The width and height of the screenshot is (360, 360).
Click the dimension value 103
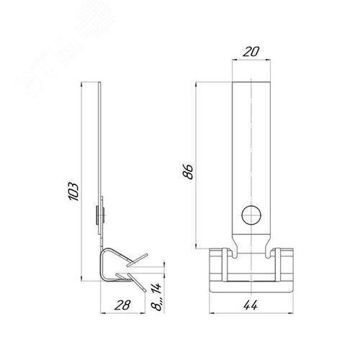click(x=73, y=192)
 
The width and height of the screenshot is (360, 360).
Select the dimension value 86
click(x=188, y=171)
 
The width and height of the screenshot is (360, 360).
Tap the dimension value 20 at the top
click(x=251, y=52)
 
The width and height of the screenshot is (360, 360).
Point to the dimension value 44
click(x=251, y=305)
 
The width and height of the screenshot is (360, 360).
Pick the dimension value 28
click(x=122, y=305)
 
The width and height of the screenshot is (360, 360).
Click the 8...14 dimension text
click(x=156, y=297)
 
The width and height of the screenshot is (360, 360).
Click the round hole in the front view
click(x=251, y=215)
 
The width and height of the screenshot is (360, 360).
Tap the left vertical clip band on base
click(x=225, y=265)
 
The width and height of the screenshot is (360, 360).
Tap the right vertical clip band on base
click(x=278, y=265)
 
